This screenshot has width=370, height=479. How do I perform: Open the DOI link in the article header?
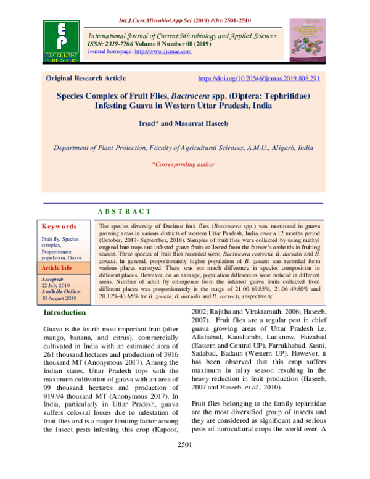coord(259,78)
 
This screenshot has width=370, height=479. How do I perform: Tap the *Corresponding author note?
coord(183,164)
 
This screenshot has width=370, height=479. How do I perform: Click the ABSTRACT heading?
coord(125,212)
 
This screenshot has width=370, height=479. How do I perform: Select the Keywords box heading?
coord(59,227)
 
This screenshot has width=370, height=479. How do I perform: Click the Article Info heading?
coord(57,269)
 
